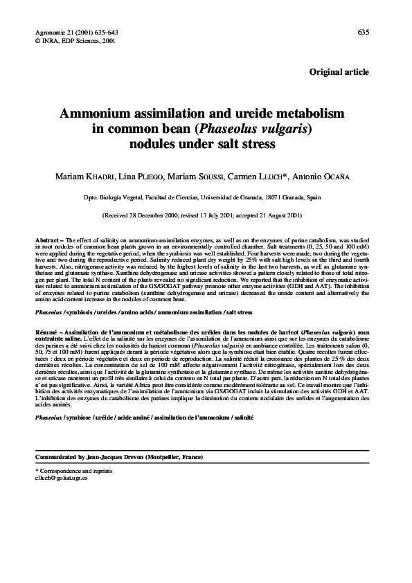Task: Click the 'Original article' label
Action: tap(339, 72)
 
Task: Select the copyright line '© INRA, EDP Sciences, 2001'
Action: tap(75, 40)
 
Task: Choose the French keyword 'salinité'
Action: tap(239, 418)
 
